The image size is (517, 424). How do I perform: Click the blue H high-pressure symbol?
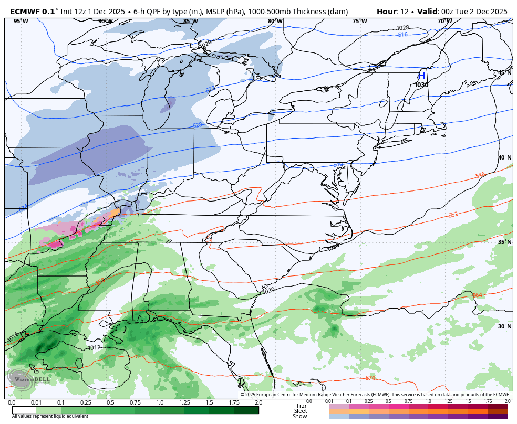(421, 76)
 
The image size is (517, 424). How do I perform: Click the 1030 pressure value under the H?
(421, 85)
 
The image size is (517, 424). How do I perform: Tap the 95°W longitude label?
(20, 22)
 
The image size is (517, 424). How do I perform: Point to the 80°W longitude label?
(275, 22)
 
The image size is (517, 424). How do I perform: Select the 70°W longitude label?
(444, 22)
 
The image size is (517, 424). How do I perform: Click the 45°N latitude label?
(505, 72)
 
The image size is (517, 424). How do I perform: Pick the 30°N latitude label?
(505, 326)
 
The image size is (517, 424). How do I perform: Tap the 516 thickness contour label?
(402, 35)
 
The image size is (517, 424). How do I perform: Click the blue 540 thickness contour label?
(338, 165)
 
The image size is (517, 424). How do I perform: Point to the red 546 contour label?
(480, 175)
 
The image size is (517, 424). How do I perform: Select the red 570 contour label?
(370, 378)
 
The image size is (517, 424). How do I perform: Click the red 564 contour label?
(477, 295)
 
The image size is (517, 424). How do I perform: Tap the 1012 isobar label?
(94, 347)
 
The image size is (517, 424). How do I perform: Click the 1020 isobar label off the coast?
(268, 290)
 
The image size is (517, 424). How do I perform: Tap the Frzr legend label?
(301, 406)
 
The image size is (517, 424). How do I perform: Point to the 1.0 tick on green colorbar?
(160, 402)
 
